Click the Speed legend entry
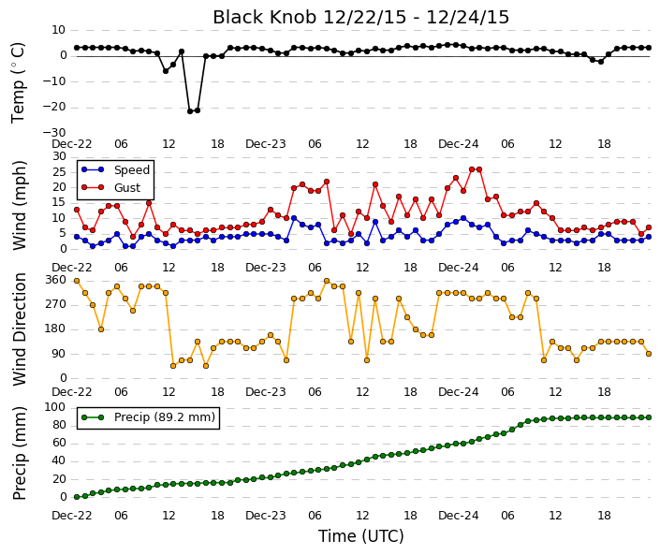tap(116, 170)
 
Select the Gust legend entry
tap(110, 188)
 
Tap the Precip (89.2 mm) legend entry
tap(148, 417)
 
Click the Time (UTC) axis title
tap(361, 536)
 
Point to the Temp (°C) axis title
tap(19, 83)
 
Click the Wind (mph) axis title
tap(20, 205)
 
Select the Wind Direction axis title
tap(20, 329)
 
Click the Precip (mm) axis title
tap(20, 453)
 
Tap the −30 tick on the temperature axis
tap(54, 133)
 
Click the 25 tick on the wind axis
tap(59, 172)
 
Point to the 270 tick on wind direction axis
tap(55, 304)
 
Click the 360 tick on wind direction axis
tap(55, 280)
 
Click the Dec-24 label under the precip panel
tap(459, 516)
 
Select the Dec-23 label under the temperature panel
tap(266, 144)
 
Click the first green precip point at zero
tap(77, 497)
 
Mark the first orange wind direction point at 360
tap(77, 281)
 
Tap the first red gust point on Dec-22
tap(77, 210)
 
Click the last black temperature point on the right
tap(649, 48)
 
